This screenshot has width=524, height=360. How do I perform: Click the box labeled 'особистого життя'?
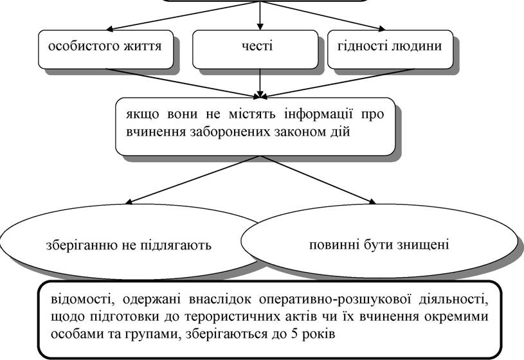pyautogui.click(x=105, y=50)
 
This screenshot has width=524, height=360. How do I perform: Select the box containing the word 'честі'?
pyautogui.click(x=255, y=50)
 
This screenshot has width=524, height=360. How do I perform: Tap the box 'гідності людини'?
pyautogui.click(x=390, y=50)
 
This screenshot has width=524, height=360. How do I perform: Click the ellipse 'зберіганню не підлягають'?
pyautogui.click(x=129, y=241)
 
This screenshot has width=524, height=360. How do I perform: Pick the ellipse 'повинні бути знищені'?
pyautogui.click(x=379, y=241)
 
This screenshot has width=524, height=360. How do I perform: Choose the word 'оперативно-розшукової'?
pyautogui.click(x=334, y=299)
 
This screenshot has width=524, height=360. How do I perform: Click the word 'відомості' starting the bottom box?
pyautogui.click(x=80, y=299)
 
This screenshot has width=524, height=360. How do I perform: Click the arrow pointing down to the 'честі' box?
pyautogui.click(x=260, y=15)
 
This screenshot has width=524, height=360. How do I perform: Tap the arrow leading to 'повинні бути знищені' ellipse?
pyautogui.click(x=318, y=179)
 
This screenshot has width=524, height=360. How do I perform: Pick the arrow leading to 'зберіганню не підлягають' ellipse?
pyautogui.click(x=192, y=179)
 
